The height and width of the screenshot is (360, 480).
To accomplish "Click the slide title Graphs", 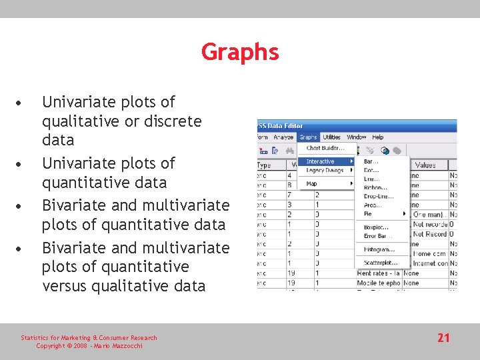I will [x=240, y=51].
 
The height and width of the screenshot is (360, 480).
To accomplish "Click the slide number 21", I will [x=443, y=338].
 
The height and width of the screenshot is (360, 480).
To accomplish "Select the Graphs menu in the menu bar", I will [x=308, y=137].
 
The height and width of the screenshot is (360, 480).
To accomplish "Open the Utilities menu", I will [x=331, y=137].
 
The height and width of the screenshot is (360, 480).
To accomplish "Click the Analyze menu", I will [x=283, y=137].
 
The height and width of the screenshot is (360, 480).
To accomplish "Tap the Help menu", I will [x=378, y=137].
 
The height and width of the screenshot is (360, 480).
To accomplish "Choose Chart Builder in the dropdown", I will [x=325, y=148].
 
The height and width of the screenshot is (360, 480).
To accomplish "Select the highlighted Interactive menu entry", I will [x=321, y=161].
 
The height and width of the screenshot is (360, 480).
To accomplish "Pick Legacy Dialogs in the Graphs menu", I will [x=325, y=171].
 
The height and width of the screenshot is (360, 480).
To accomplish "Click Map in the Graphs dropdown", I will [x=311, y=183].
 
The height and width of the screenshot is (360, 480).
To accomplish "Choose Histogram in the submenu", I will [x=379, y=249].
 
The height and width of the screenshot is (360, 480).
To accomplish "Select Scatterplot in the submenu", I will [x=381, y=263].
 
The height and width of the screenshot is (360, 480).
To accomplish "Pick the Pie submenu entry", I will [x=369, y=214].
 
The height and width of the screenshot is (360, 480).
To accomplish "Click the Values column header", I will [x=425, y=165].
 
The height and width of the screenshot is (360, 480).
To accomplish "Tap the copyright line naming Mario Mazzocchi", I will [x=89, y=346].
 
